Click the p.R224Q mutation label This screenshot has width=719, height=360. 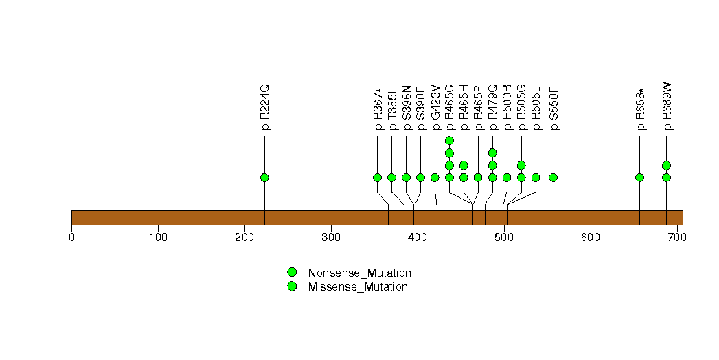pyautogui.click(x=265, y=107)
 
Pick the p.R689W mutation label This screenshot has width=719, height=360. pyautogui.click(x=666, y=107)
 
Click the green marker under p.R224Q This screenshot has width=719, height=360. pyautogui.click(x=264, y=177)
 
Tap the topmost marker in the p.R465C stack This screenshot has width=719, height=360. pyautogui.click(x=449, y=141)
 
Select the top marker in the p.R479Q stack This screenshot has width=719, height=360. pyautogui.click(x=492, y=153)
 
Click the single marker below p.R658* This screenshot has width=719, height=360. pyautogui.click(x=640, y=177)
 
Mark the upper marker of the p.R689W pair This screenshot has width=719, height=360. pyautogui.click(x=666, y=165)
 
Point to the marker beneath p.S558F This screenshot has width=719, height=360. pyautogui.click(x=553, y=177)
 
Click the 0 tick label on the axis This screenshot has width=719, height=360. pyautogui.click(x=72, y=238)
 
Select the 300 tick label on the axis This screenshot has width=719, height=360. pyautogui.click(x=331, y=238)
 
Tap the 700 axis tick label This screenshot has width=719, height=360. pyautogui.click(x=676, y=238)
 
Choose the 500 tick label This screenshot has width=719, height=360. pyautogui.click(x=504, y=238)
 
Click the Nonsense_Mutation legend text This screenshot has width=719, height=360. pyautogui.click(x=359, y=273)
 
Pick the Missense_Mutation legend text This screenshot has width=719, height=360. pyautogui.click(x=358, y=286)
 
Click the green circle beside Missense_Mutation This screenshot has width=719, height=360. pyautogui.click(x=292, y=286)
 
